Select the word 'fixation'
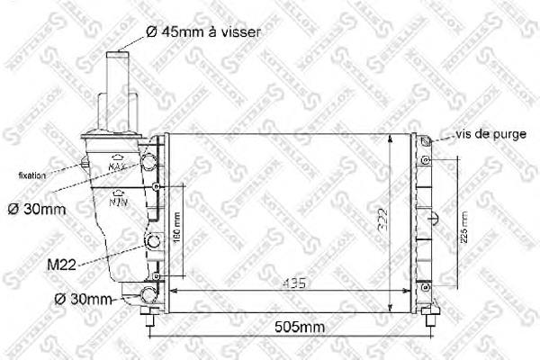click(31, 175)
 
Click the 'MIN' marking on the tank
click(118, 202)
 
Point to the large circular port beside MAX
click(148, 163)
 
